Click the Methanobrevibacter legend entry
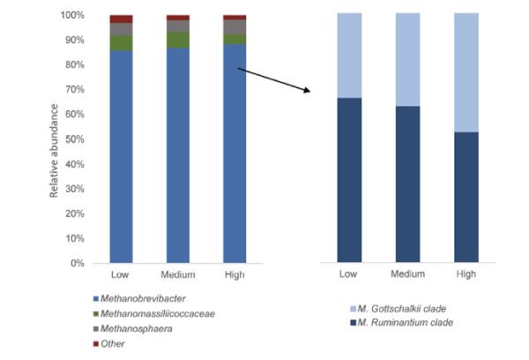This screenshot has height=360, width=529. point(150,301)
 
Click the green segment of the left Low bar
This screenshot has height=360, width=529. point(122,43)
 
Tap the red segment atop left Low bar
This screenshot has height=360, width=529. point(122,19)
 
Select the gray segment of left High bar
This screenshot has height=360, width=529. point(235,26)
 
